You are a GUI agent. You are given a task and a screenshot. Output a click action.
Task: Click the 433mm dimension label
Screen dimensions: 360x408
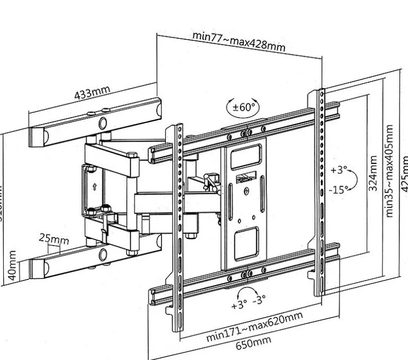(92, 93)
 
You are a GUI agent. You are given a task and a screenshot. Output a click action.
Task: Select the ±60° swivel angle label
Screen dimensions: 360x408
(244, 107)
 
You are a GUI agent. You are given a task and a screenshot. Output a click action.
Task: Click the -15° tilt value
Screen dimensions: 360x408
(339, 189)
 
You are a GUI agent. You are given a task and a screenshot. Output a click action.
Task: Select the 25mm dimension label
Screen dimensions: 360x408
(54, 239)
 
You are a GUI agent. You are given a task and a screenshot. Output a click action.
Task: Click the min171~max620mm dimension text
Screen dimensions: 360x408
(255, 328)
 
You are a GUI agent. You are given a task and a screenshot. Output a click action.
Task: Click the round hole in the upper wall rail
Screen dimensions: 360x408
(101, 124)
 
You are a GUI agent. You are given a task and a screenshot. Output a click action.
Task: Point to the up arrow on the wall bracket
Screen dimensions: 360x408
(94, 187)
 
